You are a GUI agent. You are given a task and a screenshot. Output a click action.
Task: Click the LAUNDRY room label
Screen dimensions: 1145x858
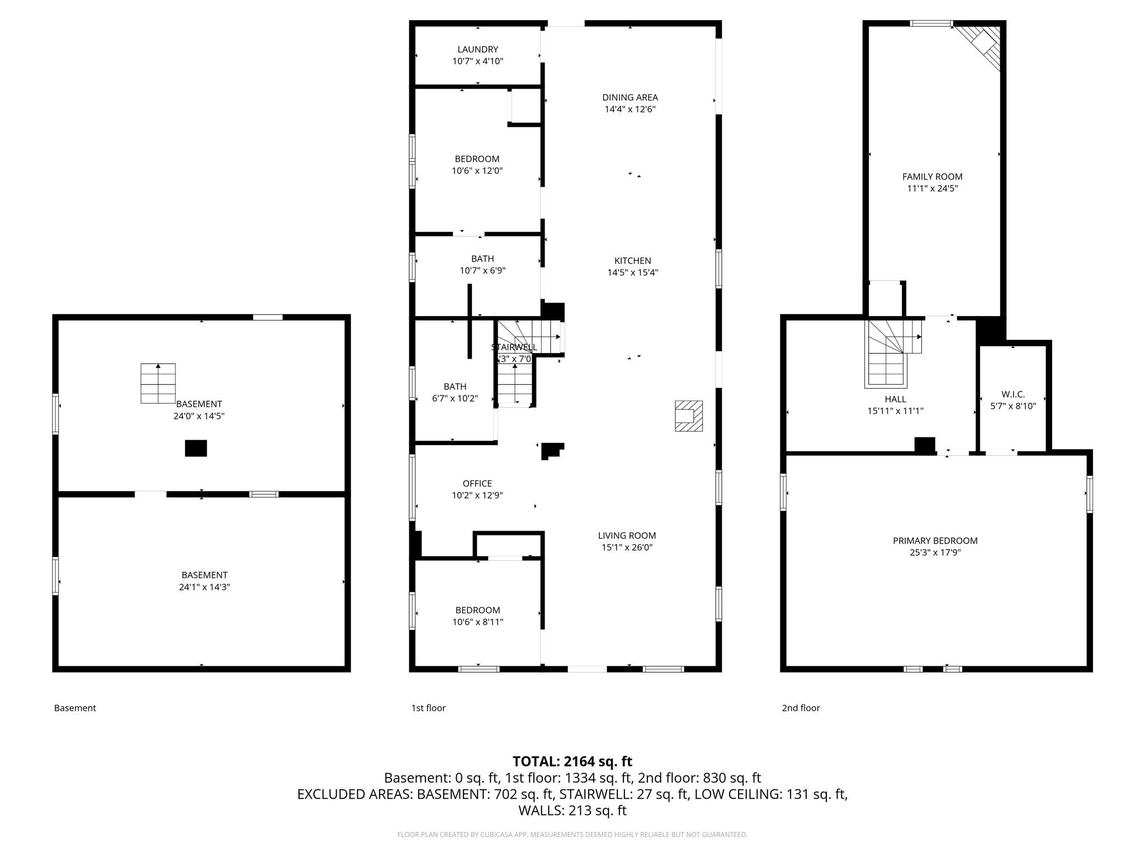pos(477,49)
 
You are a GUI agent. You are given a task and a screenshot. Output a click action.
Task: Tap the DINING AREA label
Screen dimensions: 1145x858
pos(630,97)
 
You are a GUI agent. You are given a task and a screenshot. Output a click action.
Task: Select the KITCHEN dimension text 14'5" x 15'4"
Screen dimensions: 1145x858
pos(633,273)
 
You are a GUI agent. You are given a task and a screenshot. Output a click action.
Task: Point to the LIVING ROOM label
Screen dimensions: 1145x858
pos(627,536)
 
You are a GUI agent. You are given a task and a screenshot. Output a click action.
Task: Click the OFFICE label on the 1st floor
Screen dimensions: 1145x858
pos(477,483)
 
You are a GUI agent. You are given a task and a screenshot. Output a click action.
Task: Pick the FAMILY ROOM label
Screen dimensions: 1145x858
pos(933,177)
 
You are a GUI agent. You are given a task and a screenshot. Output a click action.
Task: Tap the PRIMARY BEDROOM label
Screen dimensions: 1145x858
pos(935,541)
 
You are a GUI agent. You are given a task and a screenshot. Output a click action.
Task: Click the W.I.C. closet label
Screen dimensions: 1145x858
pos(1013,394)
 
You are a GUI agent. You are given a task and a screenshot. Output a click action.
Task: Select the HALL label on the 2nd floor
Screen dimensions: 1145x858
pos(896,399)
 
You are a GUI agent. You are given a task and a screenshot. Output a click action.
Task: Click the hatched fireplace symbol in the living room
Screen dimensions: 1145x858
pos(689,416)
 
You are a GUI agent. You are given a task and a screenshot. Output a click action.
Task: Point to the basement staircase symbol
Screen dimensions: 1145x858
pos(158,383)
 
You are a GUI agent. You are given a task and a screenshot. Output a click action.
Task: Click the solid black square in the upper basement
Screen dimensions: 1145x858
pos(196,449)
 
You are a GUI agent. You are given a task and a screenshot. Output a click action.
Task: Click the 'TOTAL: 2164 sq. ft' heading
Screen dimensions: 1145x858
pos(572,761)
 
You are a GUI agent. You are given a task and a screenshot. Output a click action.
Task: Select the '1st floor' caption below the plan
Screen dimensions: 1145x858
pos(428,708)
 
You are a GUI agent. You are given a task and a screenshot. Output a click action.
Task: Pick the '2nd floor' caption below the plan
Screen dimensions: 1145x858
pos(801,708)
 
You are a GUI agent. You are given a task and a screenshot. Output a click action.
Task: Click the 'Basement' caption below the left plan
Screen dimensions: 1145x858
pos(75,708)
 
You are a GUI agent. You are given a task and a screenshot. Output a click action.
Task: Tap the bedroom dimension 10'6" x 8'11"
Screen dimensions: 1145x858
pos(478,622)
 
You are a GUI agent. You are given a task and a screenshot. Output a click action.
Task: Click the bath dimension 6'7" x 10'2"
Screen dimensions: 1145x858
pos(455,398)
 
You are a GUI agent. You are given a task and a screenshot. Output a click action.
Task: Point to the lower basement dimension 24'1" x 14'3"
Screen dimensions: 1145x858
pos(205,587)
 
